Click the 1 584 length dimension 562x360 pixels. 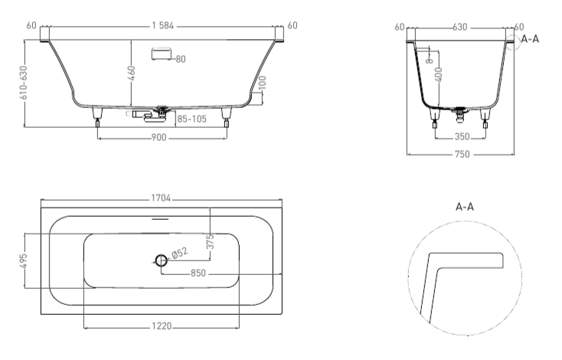(163, 26)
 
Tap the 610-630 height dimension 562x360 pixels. (24, 83)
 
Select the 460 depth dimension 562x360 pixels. (132, 74)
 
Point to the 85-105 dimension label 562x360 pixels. (191, 119)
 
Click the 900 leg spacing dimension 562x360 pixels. (158, 138)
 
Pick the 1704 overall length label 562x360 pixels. (161, 198)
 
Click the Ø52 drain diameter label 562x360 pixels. (180, 253)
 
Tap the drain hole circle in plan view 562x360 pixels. (162, 260)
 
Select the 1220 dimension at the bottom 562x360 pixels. (162, 326)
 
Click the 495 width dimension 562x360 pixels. (23, 261)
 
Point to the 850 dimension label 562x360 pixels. (198, 273)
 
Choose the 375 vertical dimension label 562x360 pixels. (211, 242)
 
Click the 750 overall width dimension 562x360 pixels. (462, 154)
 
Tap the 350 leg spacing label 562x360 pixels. (462, 136)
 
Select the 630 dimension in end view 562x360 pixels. (460, 28)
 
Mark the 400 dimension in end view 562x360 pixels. (439, 74)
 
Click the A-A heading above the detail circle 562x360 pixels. (465, 207)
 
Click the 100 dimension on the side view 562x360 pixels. (263, 83)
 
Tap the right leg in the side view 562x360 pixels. (226, 117)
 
